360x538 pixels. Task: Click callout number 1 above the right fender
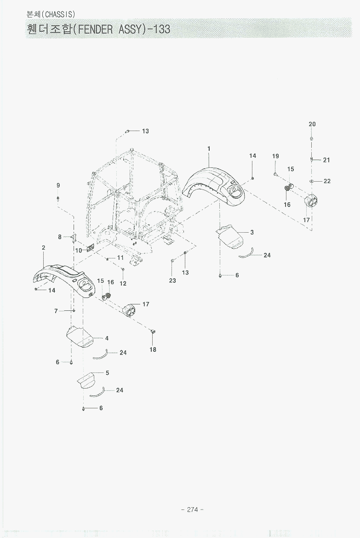point(209,149)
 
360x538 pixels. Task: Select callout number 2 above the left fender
point(43,248)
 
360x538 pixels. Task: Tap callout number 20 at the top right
point(312,124)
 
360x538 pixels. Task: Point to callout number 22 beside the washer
point(327,181)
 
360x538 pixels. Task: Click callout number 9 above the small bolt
point(58,185)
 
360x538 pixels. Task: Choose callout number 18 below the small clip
point(153,349)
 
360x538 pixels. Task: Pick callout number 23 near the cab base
point(172,280)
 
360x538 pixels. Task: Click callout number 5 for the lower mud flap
point(107,373)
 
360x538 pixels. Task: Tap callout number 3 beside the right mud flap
point(252,233)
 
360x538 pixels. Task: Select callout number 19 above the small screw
point(275,156)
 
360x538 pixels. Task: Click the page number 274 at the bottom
point(193,509)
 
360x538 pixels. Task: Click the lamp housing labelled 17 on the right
point(311,200)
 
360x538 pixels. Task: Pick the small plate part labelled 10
point(90,248)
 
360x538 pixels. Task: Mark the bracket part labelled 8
point(73,237)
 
